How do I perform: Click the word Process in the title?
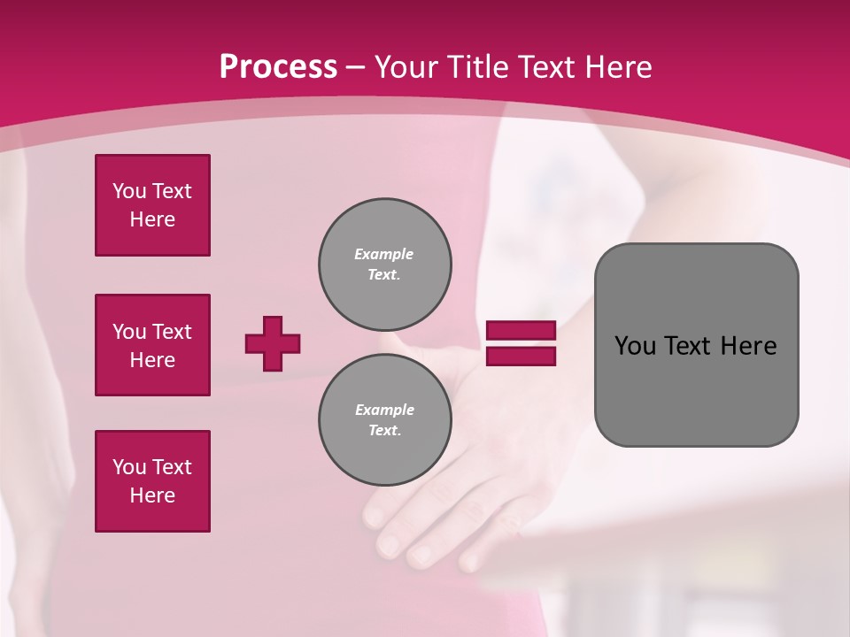click(278, 67)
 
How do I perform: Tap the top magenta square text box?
click(152, 205)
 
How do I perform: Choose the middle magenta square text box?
click(152, 345)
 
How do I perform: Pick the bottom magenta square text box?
click(152, 481)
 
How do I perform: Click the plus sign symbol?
click(273, 343)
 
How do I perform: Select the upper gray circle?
click(384, 265)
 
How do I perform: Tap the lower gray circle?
click(384, 420)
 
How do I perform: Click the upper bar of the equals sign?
click(521, 330)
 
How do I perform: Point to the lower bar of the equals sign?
click(521, 357)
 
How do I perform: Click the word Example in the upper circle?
click(384, 254)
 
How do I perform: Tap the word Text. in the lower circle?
click(384, 431)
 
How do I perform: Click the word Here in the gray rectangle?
click(748, 346)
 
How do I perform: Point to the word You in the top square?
click(127, 191)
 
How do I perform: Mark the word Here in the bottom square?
click(152, 495)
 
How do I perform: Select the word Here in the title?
click(616, 67)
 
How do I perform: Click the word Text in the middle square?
click(172, 332)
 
